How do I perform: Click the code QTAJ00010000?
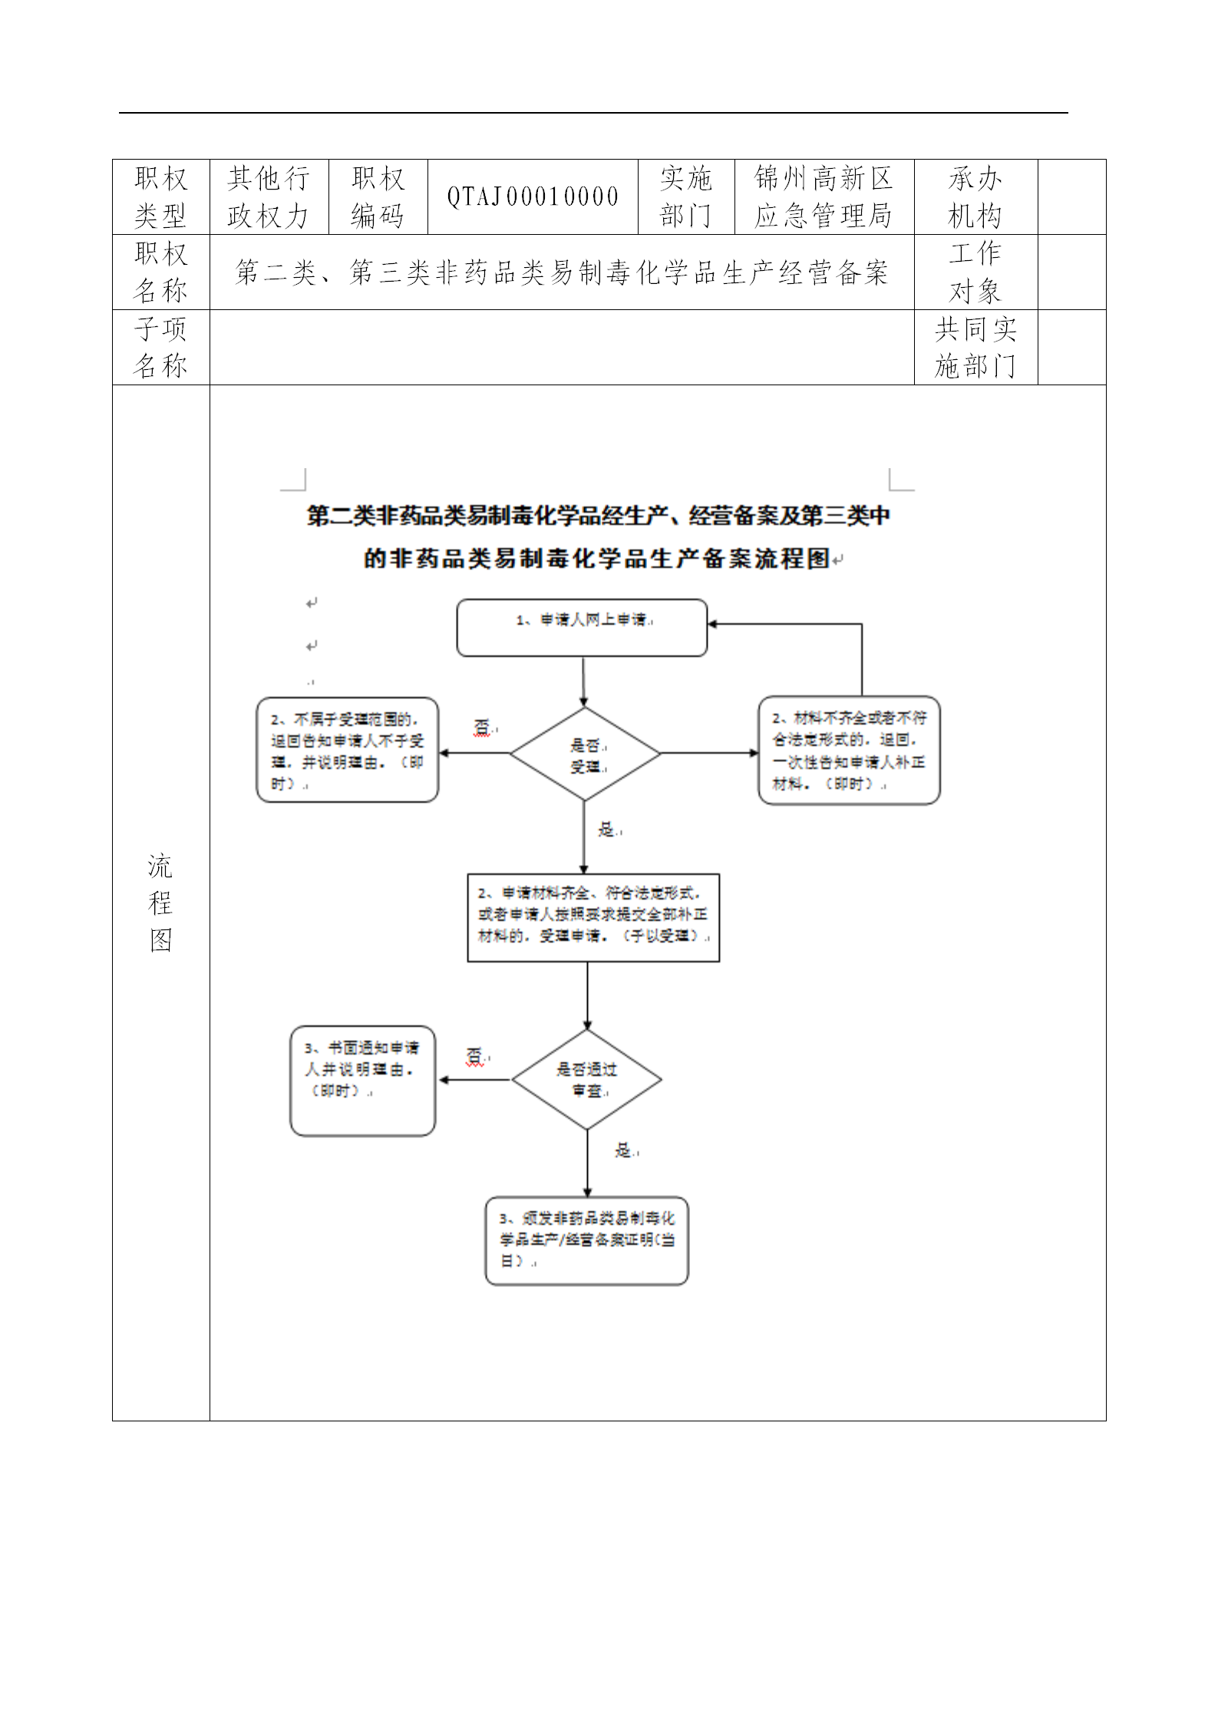tap(533, 197)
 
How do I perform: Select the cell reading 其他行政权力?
tap(269, 197)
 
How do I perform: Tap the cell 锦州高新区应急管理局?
tap(824, 197)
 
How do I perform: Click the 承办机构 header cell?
tap(975, 197)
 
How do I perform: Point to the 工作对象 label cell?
tap(975, 272)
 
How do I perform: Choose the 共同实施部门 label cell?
tap(975, 348)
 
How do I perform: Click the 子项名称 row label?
tap(160, 348)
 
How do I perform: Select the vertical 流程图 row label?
tap(160, 903)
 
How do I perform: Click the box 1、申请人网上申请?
tap(582, 628)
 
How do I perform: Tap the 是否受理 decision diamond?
tap(585, 754)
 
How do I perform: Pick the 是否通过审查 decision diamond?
tap(587, 1080)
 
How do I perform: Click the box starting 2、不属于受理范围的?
tap(347, 751)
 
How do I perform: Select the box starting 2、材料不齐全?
tap(849, 751)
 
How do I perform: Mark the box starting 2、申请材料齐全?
tap(593, 917)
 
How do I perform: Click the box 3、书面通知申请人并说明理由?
tap(362, 1081)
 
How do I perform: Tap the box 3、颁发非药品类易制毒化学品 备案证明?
tap(586, 1241)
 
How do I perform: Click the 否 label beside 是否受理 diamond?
tap(482, 727)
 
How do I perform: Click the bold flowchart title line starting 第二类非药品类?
tap(599, 516)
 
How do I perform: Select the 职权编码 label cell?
tap(378, 197)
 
